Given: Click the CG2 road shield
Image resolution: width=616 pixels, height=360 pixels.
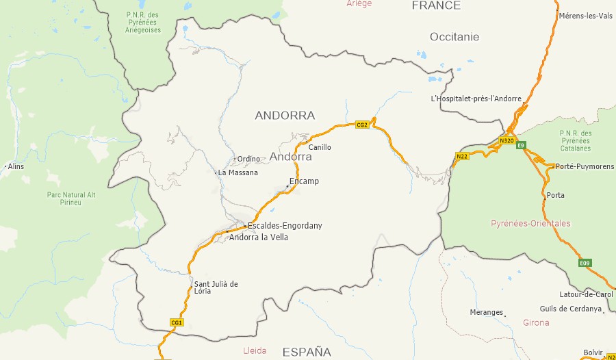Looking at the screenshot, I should (363, 125).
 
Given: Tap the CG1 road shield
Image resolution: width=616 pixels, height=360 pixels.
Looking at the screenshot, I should (177, 322).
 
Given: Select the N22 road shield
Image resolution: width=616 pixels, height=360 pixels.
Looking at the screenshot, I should (462, 157).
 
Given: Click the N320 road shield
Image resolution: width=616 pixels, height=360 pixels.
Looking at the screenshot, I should (506, 140).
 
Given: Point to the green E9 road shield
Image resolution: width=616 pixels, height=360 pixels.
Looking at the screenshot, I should (521, 145).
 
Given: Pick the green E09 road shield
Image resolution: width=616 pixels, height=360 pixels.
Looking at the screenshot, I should (584, 263).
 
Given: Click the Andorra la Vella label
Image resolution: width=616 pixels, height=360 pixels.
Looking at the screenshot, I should (259, 237).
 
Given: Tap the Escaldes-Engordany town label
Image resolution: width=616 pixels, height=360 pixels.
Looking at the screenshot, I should (285, 226).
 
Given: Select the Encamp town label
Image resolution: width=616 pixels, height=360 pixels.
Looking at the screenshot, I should (304, 181).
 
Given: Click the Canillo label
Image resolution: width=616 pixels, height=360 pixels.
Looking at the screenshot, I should (320, 147).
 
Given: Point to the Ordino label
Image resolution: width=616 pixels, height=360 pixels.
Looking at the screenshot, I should (248, 159).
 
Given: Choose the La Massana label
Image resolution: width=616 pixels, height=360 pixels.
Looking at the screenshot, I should (238, 172).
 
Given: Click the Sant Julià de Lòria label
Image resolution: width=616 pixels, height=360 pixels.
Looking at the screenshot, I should (216, 287).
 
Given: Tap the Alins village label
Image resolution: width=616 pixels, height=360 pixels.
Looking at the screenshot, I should (15, 166).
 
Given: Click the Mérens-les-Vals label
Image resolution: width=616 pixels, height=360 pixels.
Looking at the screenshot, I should (585, 16).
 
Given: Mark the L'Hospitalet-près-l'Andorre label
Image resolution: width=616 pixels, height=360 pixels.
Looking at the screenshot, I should (476, 99).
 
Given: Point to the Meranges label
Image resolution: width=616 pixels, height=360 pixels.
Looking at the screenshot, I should (486, 312).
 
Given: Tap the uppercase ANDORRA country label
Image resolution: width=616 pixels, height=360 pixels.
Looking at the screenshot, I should (285, 115).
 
